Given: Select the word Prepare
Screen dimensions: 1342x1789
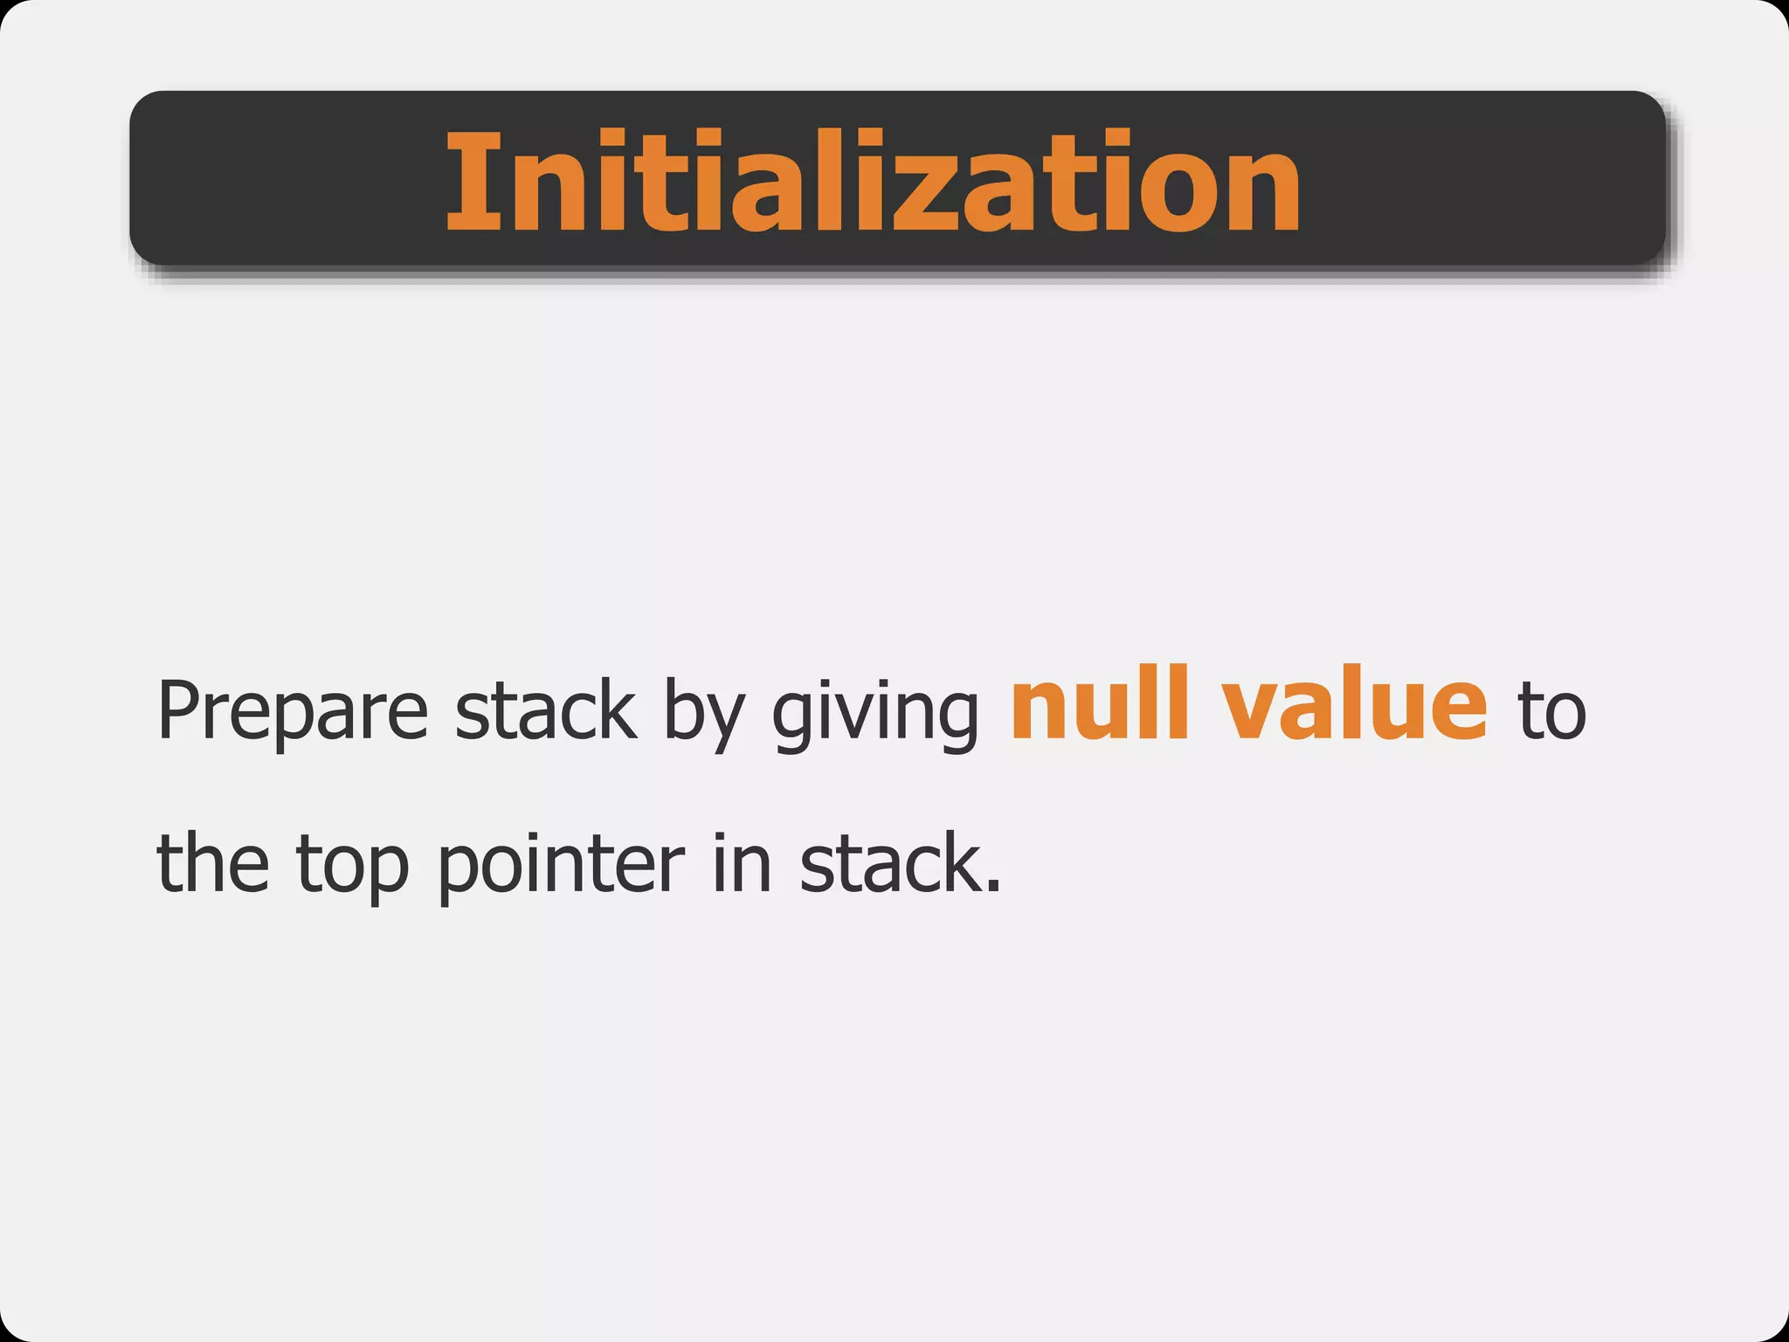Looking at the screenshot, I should [x=293, y=712].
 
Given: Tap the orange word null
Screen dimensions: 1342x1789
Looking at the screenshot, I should [x=1100, y=703].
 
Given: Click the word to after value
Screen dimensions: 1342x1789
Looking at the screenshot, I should [x=1551, y=712].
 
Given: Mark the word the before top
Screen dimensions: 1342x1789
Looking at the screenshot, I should [x=213, y=863].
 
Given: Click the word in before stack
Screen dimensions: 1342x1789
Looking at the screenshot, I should [x=743, y=863].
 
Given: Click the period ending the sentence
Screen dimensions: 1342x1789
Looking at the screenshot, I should [x=992, y=889].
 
